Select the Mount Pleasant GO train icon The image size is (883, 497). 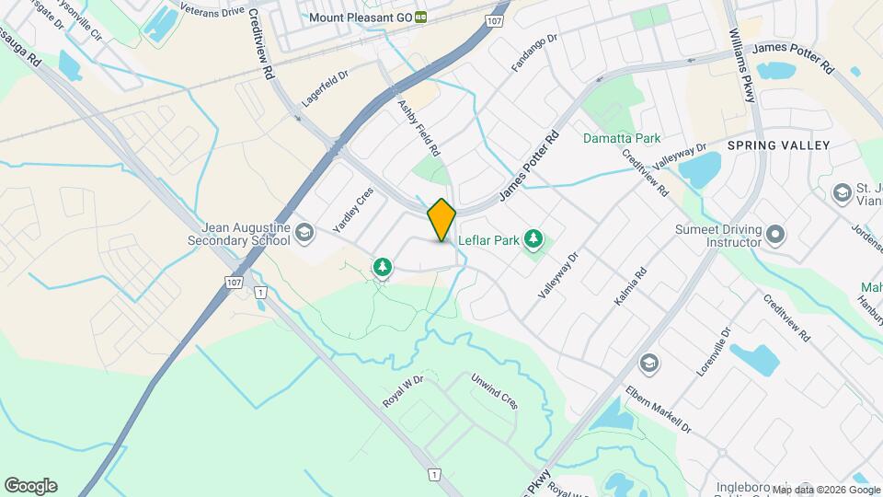pyautogui.click(x=420, y=17)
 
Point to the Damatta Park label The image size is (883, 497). pyautogui.click(x=622, y=138)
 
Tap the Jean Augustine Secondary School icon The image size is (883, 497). pyautogui.click(x=303, y=232)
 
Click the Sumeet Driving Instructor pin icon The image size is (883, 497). pyautogui.click(x=775, y=234)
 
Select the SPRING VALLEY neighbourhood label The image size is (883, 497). pyautogui.click(x=778, y=145)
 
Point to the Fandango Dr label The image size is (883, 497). pyautogui.click(x=534, y=54)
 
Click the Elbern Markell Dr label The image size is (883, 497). pyautogui.click(x=657, y=409)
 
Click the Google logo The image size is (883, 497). pyautogui.click(x=29, y=486)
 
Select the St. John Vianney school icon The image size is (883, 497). pyautogui.click(x=841, y=193)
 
